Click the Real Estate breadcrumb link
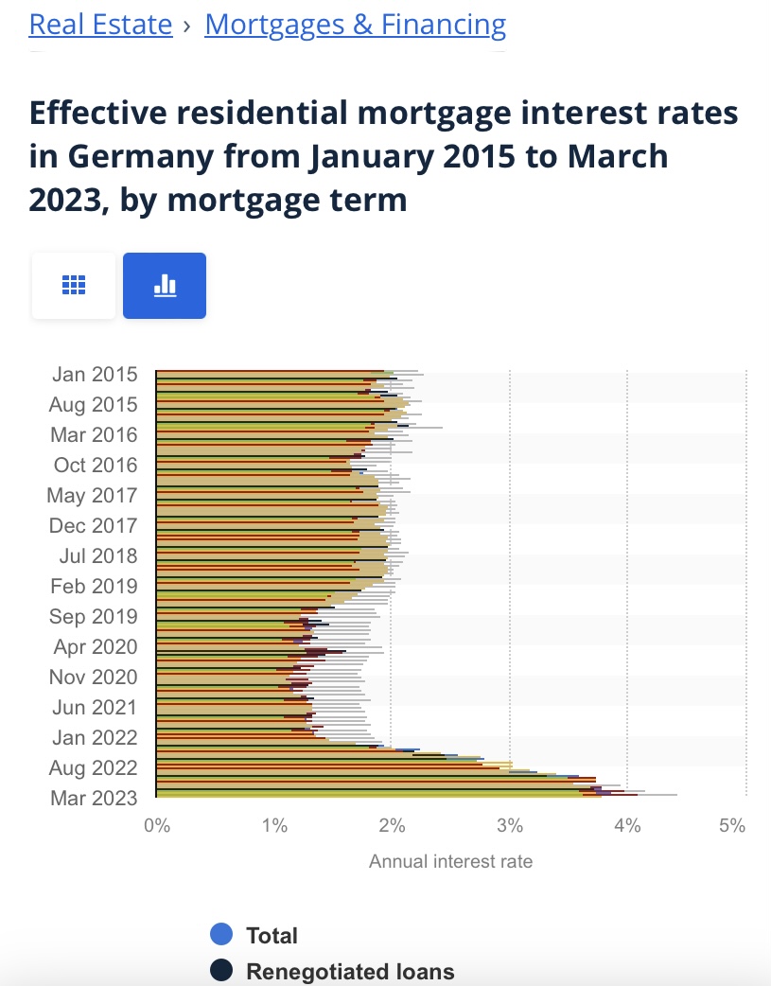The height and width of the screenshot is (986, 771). (x=100, y=24)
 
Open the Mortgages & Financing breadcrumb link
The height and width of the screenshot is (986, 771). (x=355, y=24)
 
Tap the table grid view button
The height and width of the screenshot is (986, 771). (x=74, y=285)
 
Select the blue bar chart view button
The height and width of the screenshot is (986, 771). (x=165, y=285)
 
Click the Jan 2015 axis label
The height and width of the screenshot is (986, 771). (x=94, y=375)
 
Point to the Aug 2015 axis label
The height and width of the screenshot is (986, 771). (x=93, y=405)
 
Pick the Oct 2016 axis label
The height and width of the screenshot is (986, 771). (x=96, y=466)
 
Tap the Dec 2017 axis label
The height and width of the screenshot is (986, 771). (x=93, y=526)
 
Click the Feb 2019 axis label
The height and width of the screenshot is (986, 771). (x=94, y=587)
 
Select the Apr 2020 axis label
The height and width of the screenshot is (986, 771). (x=96, y=647)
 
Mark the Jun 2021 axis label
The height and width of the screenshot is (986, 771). (x=94, y=708)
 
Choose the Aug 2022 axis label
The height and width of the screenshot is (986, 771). (x=93, y=768)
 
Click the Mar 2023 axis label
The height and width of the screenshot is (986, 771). (x=94, y=799)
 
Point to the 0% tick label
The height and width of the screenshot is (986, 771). (x=156, y=825)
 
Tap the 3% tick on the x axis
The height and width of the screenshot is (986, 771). (x=510, y=825)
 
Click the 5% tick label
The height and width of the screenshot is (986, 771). (x=732, y=825)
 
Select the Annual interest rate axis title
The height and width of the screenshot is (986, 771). (x=450, y=861)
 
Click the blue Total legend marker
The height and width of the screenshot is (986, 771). (x=221, y=935)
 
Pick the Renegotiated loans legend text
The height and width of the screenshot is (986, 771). (x=350, y=971)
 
